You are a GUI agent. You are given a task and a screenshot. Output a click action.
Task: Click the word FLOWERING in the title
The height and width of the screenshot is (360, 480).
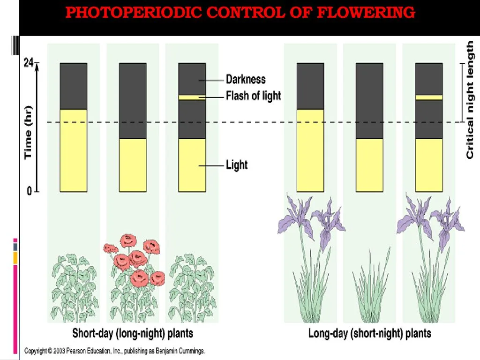click(366, 13)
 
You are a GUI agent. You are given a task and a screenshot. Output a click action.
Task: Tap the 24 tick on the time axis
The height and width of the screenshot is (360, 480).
click(29, 63)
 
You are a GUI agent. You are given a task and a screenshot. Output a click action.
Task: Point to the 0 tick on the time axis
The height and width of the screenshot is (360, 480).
click(29, 191)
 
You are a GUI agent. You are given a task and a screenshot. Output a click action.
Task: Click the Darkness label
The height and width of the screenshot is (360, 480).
click(246, 79)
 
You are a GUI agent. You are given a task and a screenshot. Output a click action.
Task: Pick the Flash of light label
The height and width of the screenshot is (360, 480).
click(253, 96)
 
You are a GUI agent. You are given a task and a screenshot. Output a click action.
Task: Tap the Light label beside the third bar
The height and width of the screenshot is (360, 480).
click(237, 165)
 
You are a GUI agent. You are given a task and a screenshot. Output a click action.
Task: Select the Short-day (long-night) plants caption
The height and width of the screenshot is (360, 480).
click(133, 333)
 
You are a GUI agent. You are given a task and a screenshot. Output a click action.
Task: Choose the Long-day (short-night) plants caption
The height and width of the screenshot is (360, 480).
click(369, 333)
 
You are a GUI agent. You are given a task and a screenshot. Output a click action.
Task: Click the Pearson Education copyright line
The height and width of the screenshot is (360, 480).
click(114, 351)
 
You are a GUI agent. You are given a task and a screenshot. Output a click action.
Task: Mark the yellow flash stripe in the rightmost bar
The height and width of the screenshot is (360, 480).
click(428, 97)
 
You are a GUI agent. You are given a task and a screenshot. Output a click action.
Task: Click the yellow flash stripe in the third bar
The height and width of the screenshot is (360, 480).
click(192, 97)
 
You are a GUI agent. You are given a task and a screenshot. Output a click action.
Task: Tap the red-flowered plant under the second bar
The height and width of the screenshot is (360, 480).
click(134, 277)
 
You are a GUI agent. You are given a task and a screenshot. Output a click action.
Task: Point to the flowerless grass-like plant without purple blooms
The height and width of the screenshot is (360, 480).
click(370, 291)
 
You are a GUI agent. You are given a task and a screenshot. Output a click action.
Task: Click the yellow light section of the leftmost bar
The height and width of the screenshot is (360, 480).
click(74, 150)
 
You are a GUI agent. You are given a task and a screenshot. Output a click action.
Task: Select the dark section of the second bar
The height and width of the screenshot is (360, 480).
click(133, 101)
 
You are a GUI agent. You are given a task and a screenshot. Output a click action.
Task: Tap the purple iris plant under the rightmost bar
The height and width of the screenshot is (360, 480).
click(429, 262)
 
